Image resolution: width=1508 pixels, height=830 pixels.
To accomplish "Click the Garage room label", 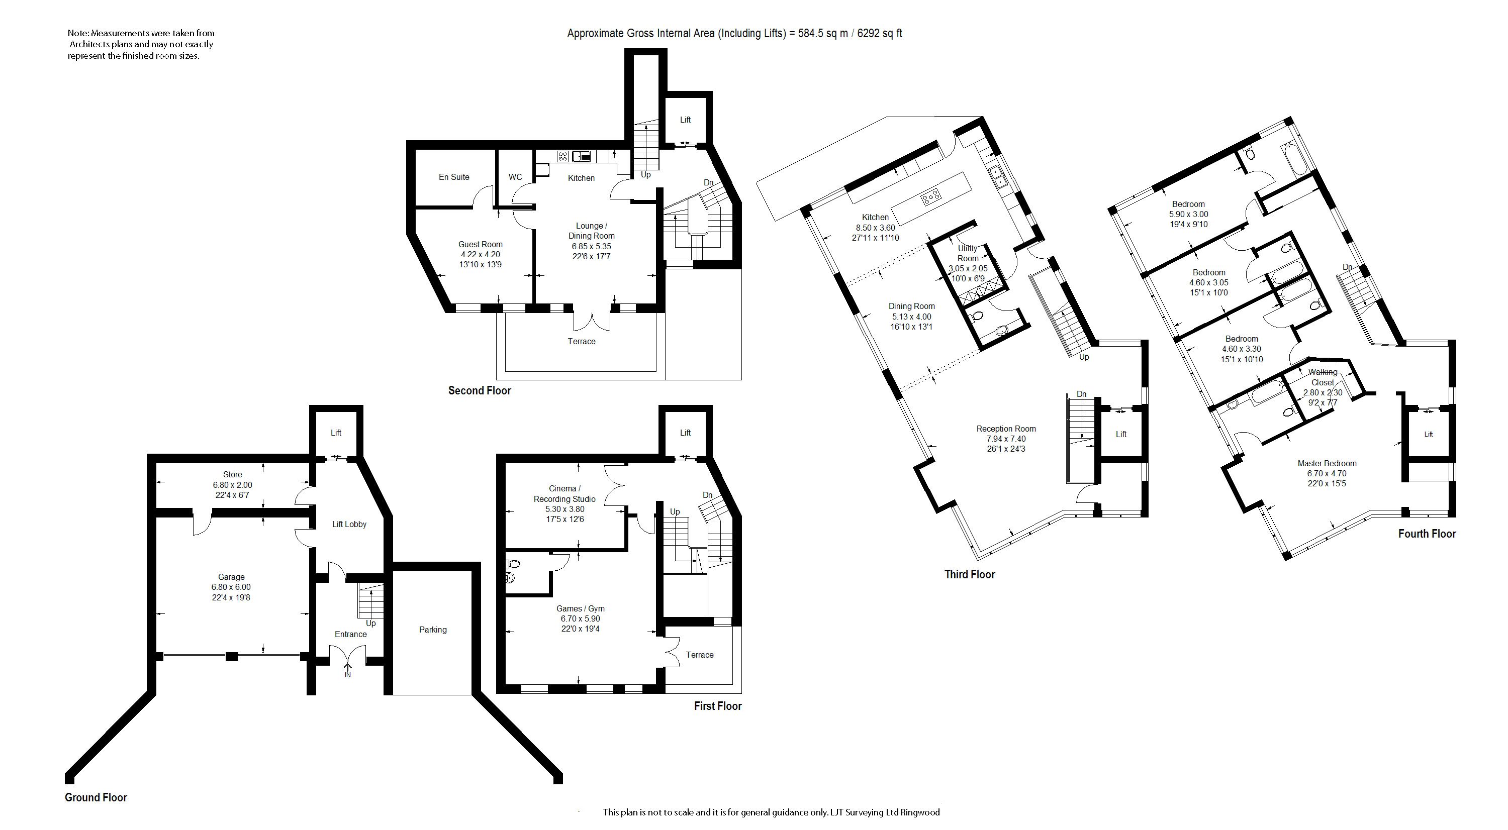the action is (231, 577).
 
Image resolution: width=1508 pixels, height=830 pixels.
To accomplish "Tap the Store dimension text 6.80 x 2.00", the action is (232, 485).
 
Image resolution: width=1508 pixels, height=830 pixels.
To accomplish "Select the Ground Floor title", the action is (96, 797).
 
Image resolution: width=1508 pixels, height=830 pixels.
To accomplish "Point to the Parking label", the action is (433, 630).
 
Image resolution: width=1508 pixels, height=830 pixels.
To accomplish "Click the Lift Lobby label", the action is (349, 524).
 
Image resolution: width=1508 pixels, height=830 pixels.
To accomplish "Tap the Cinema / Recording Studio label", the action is (565, 494).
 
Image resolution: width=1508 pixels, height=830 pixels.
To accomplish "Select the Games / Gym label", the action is (581, 608).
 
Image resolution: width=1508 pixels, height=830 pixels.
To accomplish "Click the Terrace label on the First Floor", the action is (700, 655).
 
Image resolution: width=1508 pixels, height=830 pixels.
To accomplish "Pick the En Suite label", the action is (454, 177).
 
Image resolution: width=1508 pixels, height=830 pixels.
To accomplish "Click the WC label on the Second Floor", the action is (515, 177).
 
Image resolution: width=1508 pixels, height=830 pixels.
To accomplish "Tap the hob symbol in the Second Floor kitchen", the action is (562, 156).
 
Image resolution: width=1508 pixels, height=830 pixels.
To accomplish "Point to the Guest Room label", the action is (481, 245).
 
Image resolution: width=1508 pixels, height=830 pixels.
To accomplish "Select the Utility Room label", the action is (968, 253).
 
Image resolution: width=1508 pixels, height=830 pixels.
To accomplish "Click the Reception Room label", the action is (1006, 429).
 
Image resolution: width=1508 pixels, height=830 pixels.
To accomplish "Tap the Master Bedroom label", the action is (1327, 463).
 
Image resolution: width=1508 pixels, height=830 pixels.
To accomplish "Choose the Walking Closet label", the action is (1323, 377).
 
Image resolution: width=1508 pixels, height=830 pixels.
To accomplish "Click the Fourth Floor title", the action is (1427, 534).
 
